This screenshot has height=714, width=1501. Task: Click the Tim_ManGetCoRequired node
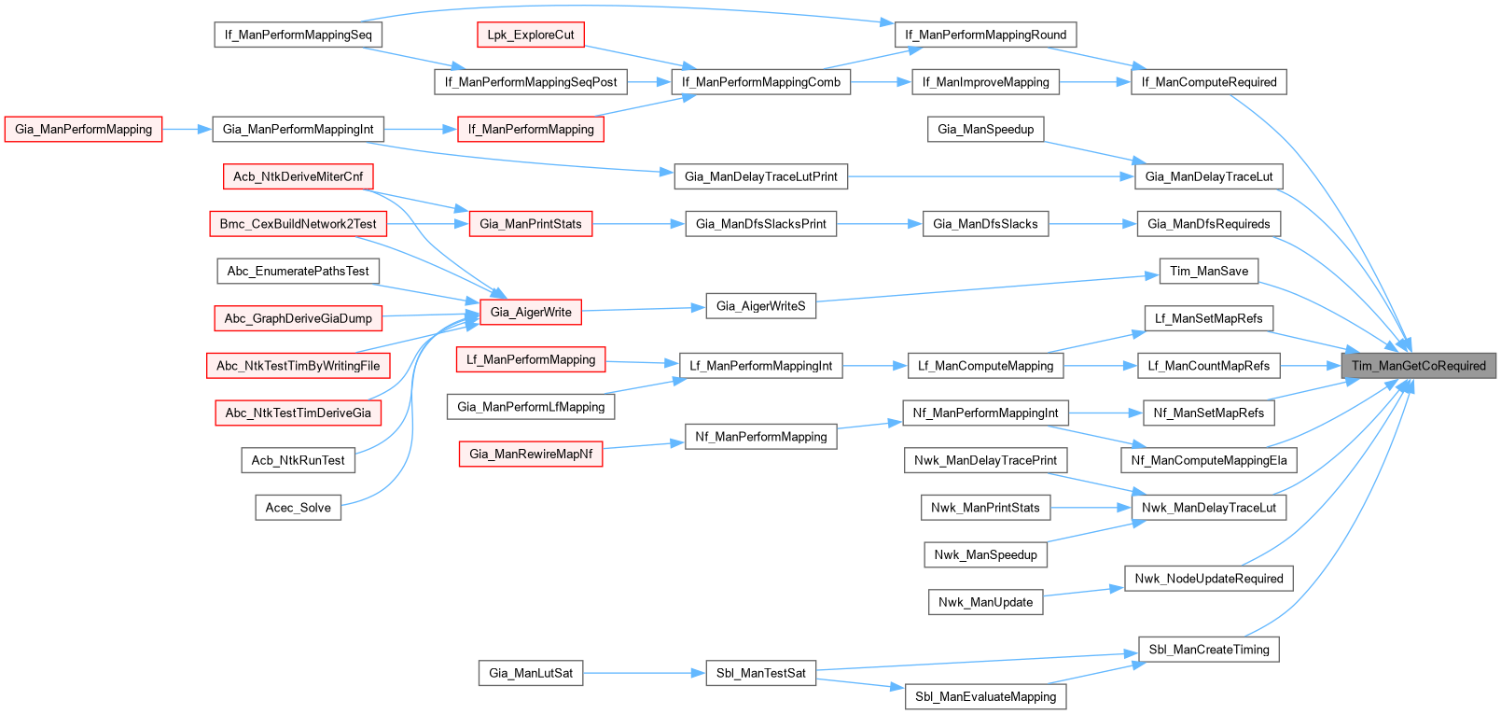click(x=1418, y=366)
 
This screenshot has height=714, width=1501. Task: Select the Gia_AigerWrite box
click(x=530, y=313)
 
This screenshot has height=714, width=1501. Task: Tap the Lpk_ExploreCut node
click(x=531, y=35)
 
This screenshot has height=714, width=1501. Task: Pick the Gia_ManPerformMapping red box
click(x=83, y=130)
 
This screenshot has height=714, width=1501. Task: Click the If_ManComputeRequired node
click(x=1209, y=82)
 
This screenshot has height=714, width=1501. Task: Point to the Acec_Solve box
click(x=298, y=508)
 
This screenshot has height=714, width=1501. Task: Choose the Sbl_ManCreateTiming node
click(x=1209, y=650)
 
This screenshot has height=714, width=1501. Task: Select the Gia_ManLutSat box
click(x=531, y=673)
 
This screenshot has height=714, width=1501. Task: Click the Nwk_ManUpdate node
click(x=985, y=602)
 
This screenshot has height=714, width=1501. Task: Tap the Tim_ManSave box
click(x=1209, y=272)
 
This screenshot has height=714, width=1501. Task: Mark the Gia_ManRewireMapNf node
click(x=531, y=455)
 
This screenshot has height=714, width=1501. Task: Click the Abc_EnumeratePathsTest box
click(x=298, y=272)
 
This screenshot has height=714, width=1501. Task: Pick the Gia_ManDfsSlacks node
click(x=985, y=224)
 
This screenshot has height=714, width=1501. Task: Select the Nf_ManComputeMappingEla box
click(x=1209, y=460)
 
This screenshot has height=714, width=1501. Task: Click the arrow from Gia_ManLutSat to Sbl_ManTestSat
click(x=644, y=673)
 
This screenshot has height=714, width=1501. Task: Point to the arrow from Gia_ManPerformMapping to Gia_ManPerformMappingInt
click(x=187, y=130)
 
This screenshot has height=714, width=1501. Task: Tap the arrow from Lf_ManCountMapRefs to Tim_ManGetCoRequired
click(x=1310, y=366)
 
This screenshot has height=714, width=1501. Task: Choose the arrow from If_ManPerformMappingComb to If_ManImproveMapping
click(x=881, y=82)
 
